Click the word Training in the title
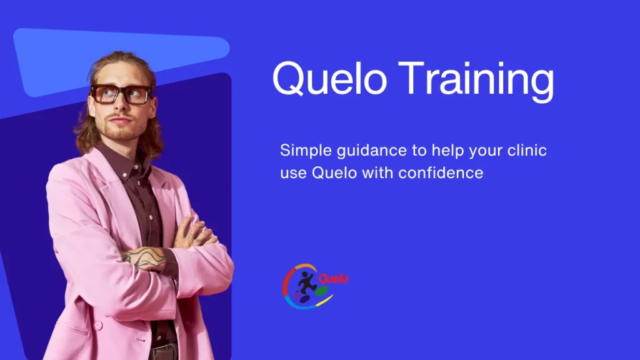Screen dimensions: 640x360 476,81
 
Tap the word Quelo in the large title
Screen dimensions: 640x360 329,78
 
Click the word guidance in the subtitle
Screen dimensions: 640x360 372,151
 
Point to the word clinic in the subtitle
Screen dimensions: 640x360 527,150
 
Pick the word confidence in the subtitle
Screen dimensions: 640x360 441,172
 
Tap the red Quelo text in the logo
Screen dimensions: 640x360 334,279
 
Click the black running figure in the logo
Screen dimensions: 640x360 307,282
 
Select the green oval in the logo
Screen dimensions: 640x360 322,291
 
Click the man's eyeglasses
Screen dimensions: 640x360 121,94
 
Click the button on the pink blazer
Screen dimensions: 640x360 98,325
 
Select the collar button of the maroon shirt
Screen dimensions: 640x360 125,175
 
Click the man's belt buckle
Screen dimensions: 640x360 165,352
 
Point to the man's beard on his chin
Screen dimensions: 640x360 122,131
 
